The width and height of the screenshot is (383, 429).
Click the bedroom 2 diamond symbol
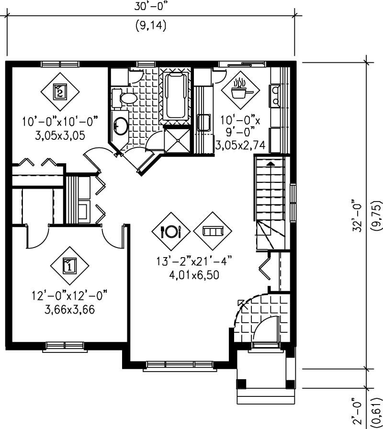[x=60, y=90]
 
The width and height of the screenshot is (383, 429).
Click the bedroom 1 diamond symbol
[x=70, y=264]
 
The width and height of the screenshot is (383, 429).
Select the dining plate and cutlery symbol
[x=171, y=231]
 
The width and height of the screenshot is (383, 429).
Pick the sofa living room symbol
[x=212, y=231]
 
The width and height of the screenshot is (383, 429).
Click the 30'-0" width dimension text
[x=151, y=7]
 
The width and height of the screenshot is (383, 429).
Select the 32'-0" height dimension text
[x=357, y=215]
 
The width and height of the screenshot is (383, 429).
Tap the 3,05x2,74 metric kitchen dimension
[x=240, y=145]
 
